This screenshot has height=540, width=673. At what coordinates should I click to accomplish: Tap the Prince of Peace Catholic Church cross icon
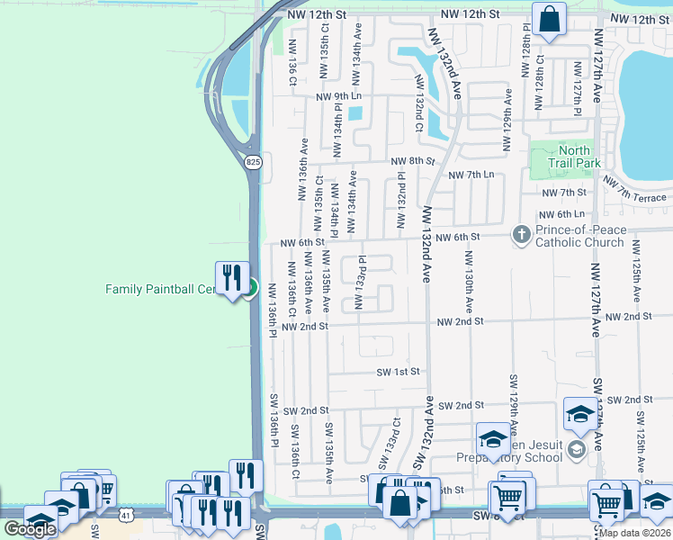pyautogui.click(x=521, y=234)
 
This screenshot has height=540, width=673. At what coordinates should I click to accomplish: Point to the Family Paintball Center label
pyautogui.click(x=162, y=289)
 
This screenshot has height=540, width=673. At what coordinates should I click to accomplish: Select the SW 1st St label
pyautogui.click(x=399, y=372)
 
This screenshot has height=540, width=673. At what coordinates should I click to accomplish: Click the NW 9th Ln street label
pyautogui.click(x=338, y=96)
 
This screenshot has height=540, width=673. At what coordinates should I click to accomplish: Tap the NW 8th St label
pyautogui.click(x=413, y=161)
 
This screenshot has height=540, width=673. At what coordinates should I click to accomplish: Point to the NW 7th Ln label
pyautogui.click(x=471, y=175)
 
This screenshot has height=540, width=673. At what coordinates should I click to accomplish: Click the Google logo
pyautogui.click(x=30, y=529)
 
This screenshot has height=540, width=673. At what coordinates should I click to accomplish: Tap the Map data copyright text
pyautogui.click(x=634, y=533)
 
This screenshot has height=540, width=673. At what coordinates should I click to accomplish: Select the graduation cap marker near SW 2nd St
pyautogui.click(x=580, y=413)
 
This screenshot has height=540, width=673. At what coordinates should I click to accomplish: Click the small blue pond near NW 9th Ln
pyautogui.click(x=354, y=113)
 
